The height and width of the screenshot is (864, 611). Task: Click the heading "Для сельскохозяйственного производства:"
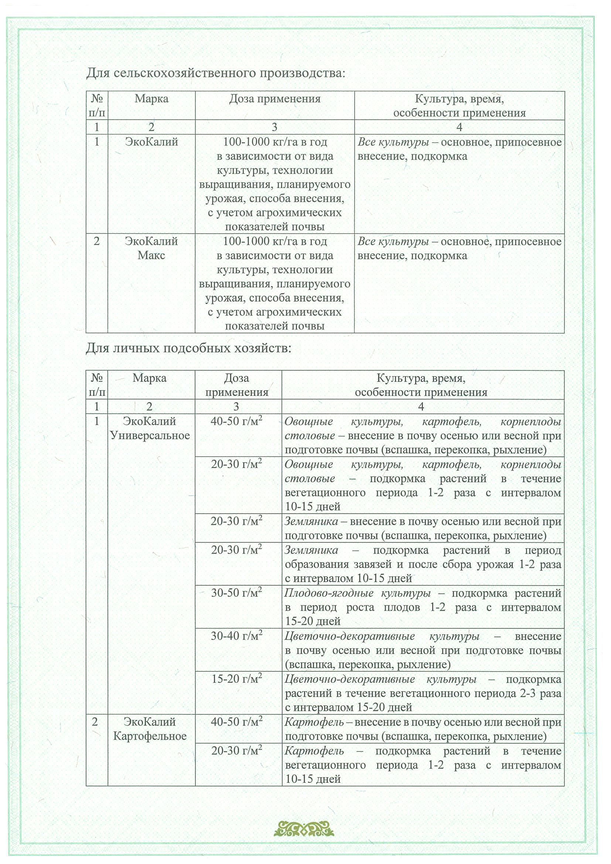216,73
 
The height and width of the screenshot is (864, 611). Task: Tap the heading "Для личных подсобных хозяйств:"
189,349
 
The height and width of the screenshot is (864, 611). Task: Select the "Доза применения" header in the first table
275,99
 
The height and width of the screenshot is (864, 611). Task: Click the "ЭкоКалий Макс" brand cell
151,248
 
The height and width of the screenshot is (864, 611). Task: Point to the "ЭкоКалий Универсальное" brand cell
150,428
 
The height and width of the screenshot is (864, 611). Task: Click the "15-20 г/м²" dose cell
236,679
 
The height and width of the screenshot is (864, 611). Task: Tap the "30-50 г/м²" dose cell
236,593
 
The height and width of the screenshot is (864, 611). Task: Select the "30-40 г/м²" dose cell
236,635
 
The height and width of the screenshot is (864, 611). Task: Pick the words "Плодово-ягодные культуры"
357,593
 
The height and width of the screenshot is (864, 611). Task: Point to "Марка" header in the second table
150,378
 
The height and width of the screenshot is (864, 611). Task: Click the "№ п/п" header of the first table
97,106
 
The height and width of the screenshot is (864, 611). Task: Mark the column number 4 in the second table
421,407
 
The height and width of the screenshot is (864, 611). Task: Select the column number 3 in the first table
274,127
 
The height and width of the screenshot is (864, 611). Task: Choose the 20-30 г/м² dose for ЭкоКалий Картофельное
236,751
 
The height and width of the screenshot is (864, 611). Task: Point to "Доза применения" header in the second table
236,385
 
